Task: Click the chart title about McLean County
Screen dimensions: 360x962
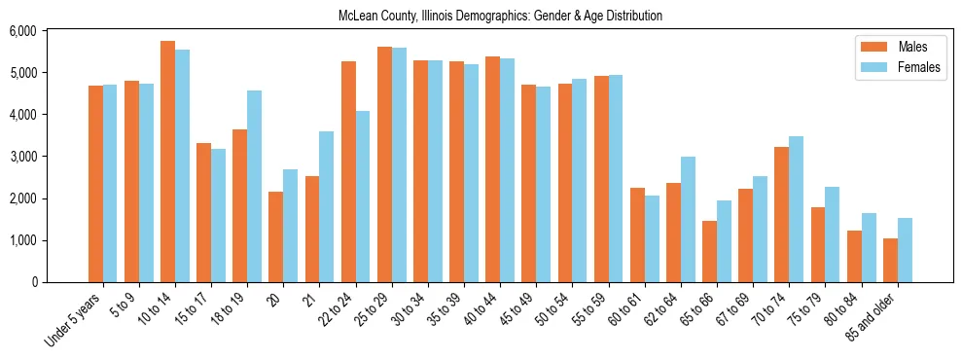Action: pyautogui.click(x=499, y=17)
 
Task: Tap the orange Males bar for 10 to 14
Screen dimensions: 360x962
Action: pyautogui.click(x=167, y=162)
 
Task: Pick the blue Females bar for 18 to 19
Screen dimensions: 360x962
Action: pyautogui.click(x=254, y=186)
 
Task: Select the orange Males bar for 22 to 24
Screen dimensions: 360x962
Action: pyautogui.click(x=348, y=171)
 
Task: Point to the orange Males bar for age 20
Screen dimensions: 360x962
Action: pyautogui.click(x=275, y=236)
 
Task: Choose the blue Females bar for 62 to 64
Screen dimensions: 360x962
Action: pyautogui.click(x=688, y=219)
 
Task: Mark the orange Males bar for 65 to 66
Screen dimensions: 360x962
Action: pyautogui.click(x=709, y=251)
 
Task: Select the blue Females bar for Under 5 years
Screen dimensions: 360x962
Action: pyautogui.click(x=110, y=183)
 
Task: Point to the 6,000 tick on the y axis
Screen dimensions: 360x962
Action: pyautogui.click(x=49, y=31)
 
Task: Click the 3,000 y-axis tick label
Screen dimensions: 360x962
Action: pyautogui.click(x=49, y=157)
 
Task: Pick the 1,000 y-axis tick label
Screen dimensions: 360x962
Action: pyautogui.click(x=49, y=240)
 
